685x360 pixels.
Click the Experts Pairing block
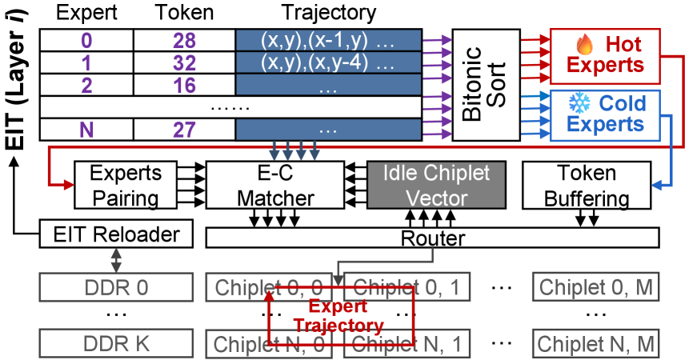click(119, 186)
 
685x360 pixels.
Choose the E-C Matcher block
click(274, 186)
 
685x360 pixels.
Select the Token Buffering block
click(587, 186)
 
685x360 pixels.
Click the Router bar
click(432, 238)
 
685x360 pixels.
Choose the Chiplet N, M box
click(596, 343)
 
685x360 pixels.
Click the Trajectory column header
click(327, 14)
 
